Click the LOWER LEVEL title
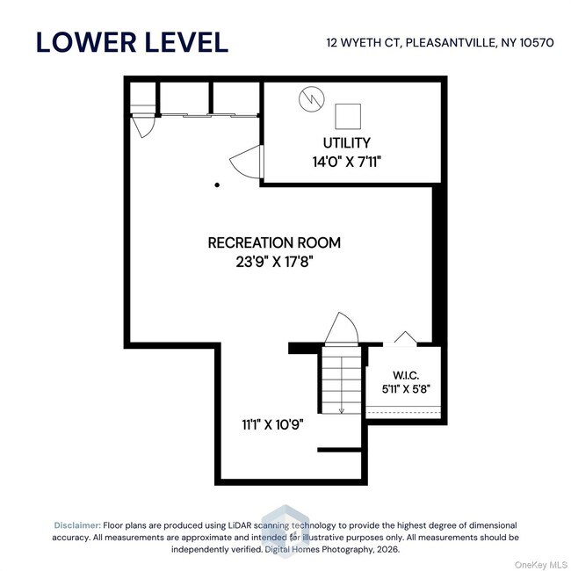132,42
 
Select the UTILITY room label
347,142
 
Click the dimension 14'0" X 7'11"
347,162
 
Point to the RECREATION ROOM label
274,242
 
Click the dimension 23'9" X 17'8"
274,262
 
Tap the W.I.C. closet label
406,375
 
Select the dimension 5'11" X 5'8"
406,389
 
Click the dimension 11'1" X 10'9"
272,424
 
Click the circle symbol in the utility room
312,99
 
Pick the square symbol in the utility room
348,117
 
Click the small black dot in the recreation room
217,185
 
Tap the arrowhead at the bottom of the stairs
342,410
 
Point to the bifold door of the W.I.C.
406,337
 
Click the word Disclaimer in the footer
77,525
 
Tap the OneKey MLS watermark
541,565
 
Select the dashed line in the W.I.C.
403,413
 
